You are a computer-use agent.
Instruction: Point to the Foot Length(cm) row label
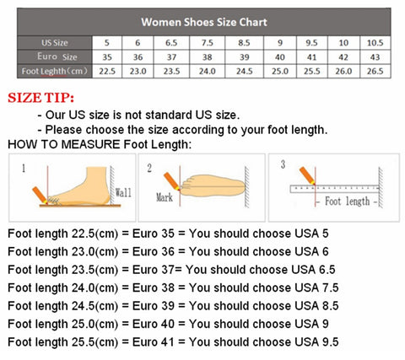point(44,72)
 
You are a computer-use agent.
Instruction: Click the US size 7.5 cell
point(207,41)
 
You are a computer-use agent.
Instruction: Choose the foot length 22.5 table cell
point(107,72)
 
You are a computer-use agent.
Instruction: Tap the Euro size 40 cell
point(279,56)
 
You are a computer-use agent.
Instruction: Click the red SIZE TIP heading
point(40,98)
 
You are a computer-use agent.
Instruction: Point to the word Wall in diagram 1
point(122,193)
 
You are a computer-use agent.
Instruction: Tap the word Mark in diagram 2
point(165,198)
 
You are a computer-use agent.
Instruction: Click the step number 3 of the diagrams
point(283,164)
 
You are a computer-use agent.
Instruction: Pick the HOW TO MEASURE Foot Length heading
point(100,144)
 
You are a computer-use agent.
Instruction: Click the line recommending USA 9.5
point(172,341)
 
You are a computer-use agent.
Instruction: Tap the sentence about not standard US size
point(143,114)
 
